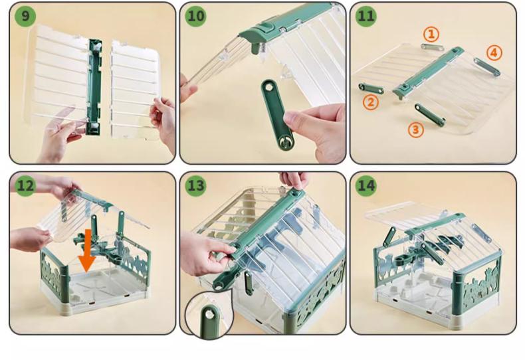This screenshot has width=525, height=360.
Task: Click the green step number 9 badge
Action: pos(25,16)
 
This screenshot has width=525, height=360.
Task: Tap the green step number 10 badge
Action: pos(195,16)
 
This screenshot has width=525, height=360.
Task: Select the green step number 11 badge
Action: pos(366,16)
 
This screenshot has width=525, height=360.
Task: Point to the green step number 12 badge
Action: pos(25,185)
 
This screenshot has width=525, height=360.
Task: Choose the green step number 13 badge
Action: pos(195,185)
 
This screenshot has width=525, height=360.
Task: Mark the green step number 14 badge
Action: pos(366,185)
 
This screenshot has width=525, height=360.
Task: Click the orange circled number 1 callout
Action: pos(431,34)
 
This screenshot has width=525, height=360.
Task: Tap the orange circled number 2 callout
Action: pos(371,102)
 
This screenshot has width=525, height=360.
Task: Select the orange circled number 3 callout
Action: pos(415,130)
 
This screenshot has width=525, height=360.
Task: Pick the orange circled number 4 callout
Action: pos(494,53)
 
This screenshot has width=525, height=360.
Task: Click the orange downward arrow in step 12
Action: pos(86,250)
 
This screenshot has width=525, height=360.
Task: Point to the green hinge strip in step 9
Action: pos(94,86)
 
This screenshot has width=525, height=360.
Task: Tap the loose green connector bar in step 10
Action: pos(276,114)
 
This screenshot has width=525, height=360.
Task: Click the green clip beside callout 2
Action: pos(371,88)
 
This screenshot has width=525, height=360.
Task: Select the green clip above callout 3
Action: pos(430,115)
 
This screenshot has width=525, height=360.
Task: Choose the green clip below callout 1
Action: pos(432,47)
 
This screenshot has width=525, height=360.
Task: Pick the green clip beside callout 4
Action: pos(487,66)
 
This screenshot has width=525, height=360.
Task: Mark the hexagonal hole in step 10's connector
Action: pos(268,87)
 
